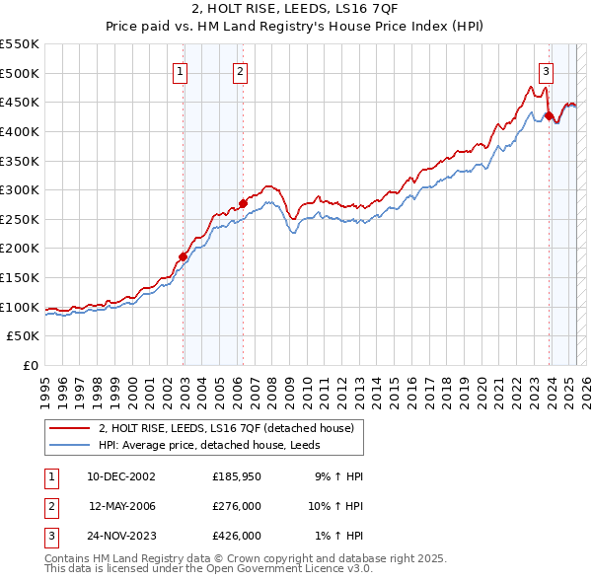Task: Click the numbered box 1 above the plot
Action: click(x=182, y=70)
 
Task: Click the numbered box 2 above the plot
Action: click(x=241, y=70)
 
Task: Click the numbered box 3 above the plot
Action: click(x=546, y=70)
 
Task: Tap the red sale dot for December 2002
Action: click(x=183, y=256)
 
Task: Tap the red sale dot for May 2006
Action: click(x=243, y=204)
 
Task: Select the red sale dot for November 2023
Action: click(x=548, y=115)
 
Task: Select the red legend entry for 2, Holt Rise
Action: click(x=231, y=428)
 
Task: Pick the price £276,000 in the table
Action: click(x=237, y=506)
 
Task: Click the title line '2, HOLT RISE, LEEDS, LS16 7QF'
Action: click(x=295, y=11)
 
